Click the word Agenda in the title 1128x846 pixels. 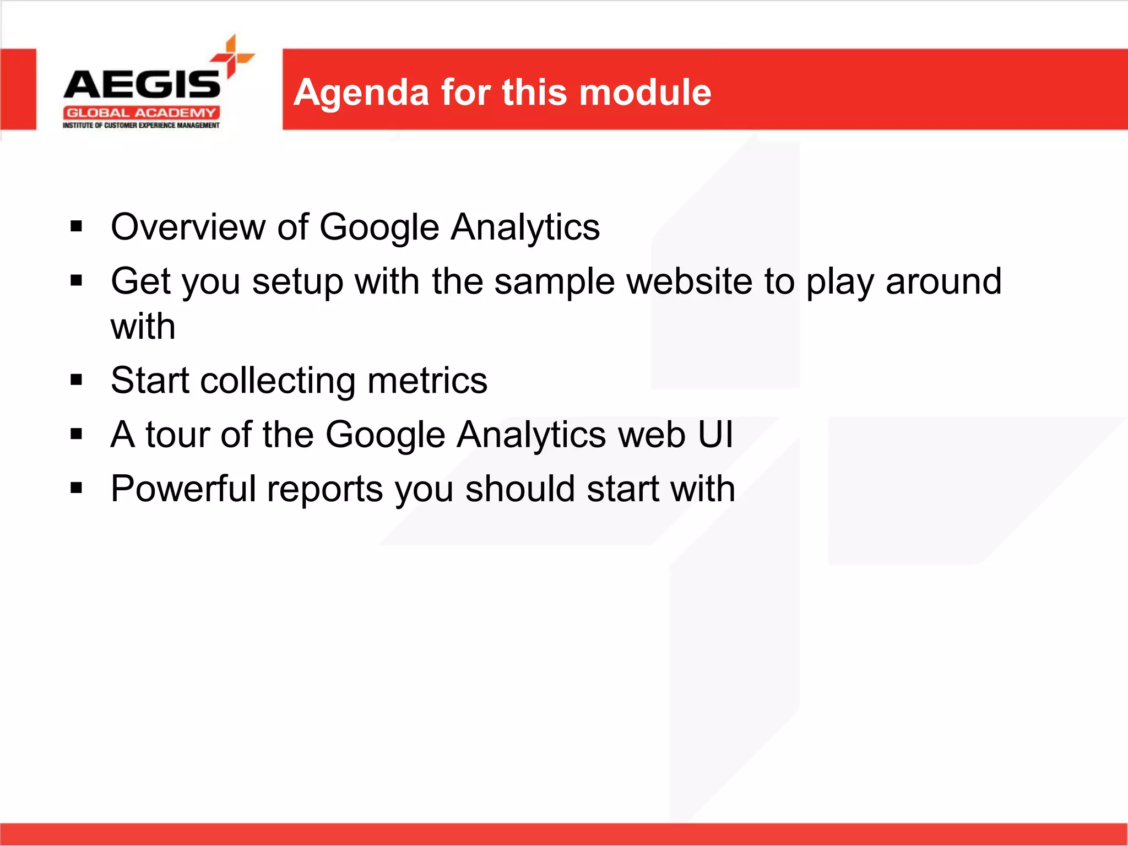pos(361,93)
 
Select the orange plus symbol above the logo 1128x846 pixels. pos(232,56)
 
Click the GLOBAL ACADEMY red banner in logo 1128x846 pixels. pos(141,113)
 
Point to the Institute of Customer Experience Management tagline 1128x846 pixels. pos(141,126)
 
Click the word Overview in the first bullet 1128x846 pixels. pos(188,227)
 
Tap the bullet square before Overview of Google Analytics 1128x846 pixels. pos(77,226)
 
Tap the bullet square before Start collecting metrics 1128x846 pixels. pos(77,379)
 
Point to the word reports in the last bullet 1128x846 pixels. pos(325,489)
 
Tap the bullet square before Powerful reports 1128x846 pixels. pos(77,487)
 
